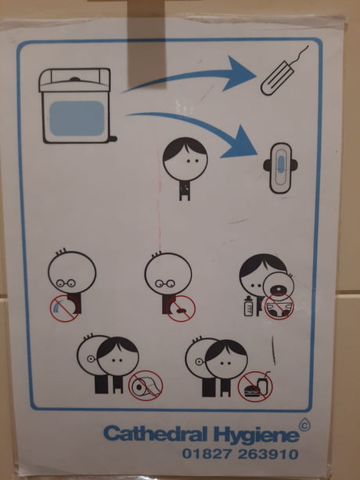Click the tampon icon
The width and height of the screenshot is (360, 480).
point(277,78)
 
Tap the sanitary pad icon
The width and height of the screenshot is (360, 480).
point(280,168)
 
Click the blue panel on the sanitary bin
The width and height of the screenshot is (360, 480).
point(77,118)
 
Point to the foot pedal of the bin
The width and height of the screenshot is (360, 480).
point(113,139)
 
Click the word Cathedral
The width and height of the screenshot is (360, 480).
point(157,434)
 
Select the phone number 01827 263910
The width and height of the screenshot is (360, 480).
point(240,454)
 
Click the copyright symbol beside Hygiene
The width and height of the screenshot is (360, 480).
point(304,425)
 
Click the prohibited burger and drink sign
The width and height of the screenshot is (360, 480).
point(255,387)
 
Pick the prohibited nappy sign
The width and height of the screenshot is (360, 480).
point(279,307)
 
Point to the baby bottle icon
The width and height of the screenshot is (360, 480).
point(249,306)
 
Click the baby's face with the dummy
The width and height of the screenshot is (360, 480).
point(279,287)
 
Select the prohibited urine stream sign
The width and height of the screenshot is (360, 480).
point(64,309)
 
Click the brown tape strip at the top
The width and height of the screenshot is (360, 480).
point(146,44)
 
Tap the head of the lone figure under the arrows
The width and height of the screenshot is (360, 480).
point(185,159)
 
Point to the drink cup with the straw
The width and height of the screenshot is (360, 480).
point(263,384)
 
